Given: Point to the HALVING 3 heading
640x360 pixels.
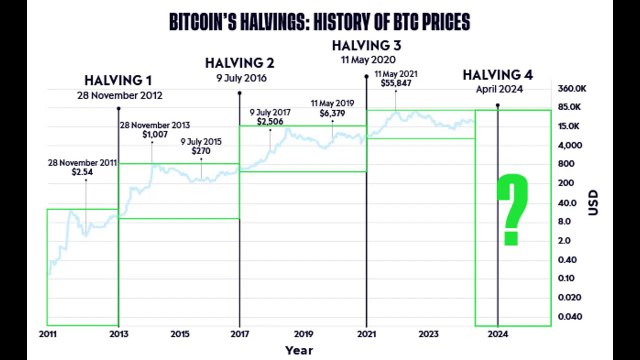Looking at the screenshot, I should point(368,45).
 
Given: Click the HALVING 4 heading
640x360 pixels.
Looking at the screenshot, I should point(501,73).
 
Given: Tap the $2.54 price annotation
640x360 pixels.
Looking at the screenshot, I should point(83,172).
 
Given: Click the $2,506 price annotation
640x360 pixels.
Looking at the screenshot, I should point(270,122).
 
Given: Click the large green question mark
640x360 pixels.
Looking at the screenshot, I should point(512,209).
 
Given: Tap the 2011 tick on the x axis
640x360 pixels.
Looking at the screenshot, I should point(46,333).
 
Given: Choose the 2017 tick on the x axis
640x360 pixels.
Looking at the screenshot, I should point(241,333).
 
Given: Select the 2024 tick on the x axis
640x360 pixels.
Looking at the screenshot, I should point(497,333).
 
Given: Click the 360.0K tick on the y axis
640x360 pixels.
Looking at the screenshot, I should point(571,88).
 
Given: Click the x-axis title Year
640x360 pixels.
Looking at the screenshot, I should point(298,351).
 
